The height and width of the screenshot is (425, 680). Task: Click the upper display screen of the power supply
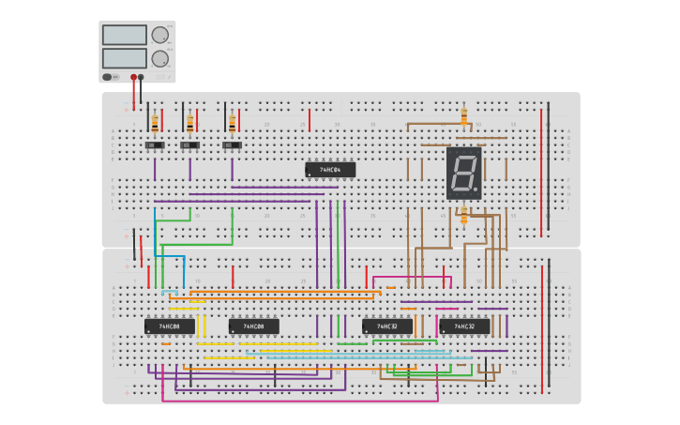tap(125, 35)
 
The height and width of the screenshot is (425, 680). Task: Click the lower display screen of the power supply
tap(125, 58)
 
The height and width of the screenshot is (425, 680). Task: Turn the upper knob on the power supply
tap(159, 35)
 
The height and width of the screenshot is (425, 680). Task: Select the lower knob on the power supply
tap(159, 58)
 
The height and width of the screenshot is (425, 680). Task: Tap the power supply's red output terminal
tap(133, 77)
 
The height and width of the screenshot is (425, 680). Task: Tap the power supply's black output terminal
tap(141, 77)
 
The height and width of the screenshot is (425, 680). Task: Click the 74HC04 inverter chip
tap(330, 170)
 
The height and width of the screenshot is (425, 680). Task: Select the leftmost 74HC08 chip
tap(170, 326)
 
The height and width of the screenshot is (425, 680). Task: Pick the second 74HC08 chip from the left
tap(254, 326)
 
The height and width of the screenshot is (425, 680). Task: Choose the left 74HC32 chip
tap(387, 326)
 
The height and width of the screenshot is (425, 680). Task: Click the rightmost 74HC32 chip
tap(465, 326)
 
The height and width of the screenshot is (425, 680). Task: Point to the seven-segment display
tap(463, 173)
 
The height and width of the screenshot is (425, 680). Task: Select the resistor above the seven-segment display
tap(463, 116)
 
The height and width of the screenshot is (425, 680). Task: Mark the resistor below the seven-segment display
tap(463, 215)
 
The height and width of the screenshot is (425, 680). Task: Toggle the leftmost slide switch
tap(155, 145)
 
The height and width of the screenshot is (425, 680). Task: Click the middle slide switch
tap(189, 145)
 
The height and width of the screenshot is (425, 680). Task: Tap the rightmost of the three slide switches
tap(232, 145)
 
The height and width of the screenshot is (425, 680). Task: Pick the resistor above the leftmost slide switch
tap(155, 122)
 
